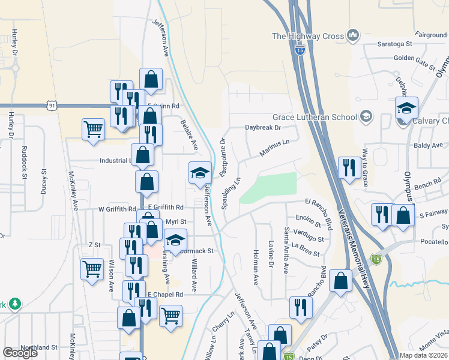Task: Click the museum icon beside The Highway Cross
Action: pos(353,35)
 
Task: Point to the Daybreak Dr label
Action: pos(263,127)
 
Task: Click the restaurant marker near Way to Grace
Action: pos(349,167)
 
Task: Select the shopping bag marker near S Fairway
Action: pos(403,214)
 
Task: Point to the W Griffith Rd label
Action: pos(118,209)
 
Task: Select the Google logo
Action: pos(20,353)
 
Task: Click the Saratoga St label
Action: pos(395,44)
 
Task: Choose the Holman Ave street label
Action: pos(255,267)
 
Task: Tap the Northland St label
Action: pos(38,347)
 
